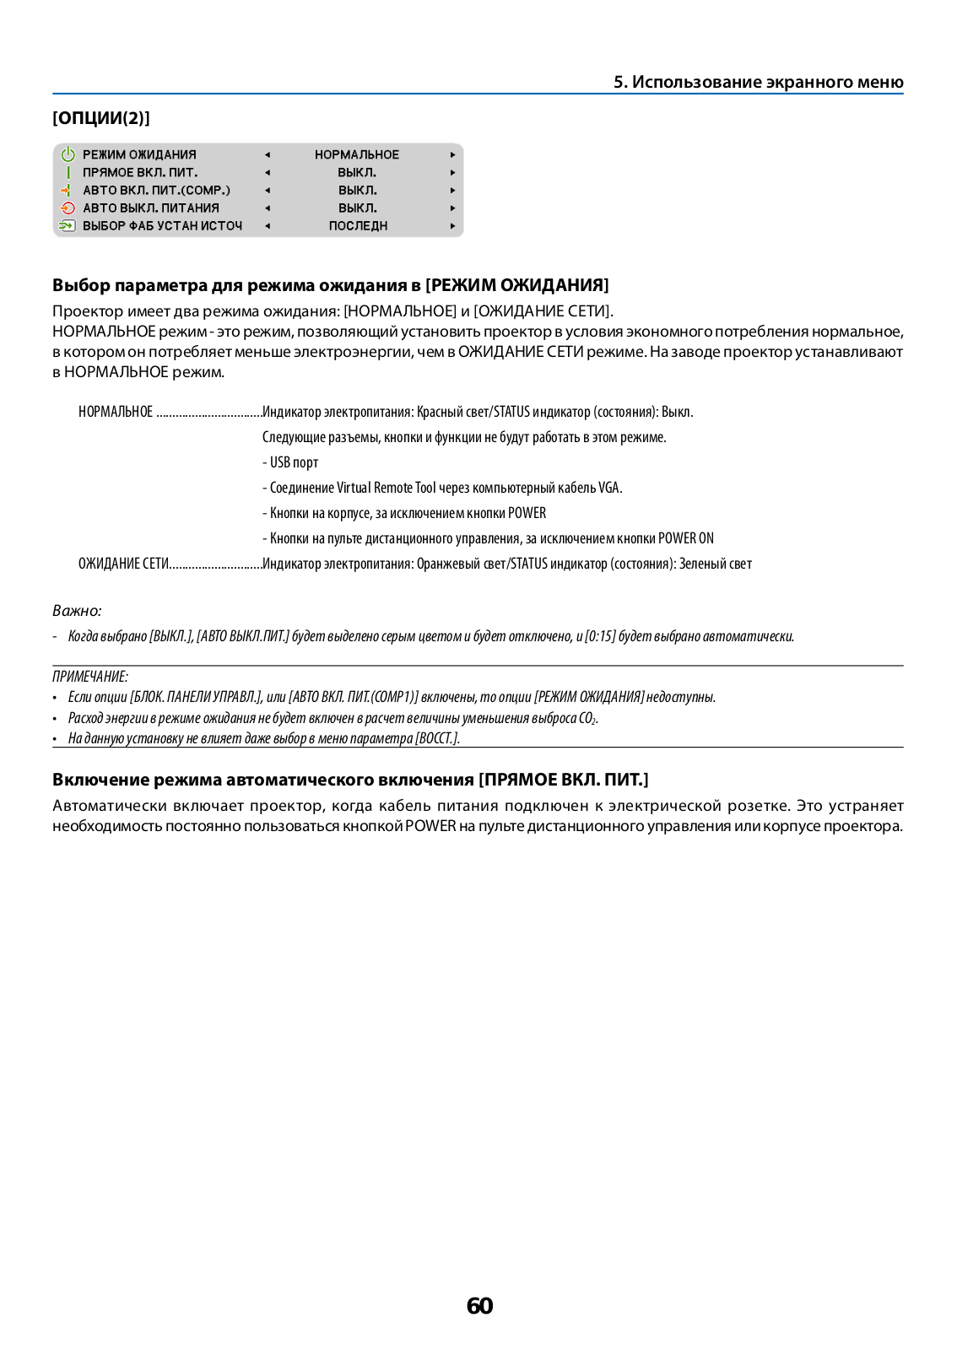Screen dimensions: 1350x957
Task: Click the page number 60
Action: click(x=479, y=1305)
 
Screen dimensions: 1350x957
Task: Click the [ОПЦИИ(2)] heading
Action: click(x=101, y=118)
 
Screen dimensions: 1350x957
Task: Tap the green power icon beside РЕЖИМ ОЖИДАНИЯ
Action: click(x=68, y=154)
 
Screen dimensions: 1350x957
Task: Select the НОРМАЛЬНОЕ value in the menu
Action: click(x=357, y=154)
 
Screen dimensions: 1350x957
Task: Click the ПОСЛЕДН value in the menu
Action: click(x=358, y=226)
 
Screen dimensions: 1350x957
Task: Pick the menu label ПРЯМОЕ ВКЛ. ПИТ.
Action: click(x=140, y=172)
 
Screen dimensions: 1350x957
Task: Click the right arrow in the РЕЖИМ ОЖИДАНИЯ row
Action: click(x=452, y=154)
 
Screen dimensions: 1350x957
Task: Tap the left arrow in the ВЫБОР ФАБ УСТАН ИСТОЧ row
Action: click(x=267, y=226)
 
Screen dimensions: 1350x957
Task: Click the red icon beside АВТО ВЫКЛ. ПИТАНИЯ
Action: click(x=68, y=208)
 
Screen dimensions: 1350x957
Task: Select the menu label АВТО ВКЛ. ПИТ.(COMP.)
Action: click(x=156, y=190)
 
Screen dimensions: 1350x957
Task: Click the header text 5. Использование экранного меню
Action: click(x=758, y=82)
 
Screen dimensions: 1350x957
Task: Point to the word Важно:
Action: click(x=77, y=611)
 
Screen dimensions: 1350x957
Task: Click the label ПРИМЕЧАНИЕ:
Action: click(x=90, y=677)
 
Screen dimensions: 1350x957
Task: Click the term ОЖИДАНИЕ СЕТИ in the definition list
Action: click(x=123, y=564)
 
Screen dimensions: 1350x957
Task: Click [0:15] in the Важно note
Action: click(x=600, y=636)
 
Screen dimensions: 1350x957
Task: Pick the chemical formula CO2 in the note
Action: click(x=587, y=718)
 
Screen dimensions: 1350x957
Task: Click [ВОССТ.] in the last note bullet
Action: click(x=437, y=738)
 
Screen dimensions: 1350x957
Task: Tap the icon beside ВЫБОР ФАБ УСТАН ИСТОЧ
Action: click(x=68, y=226)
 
